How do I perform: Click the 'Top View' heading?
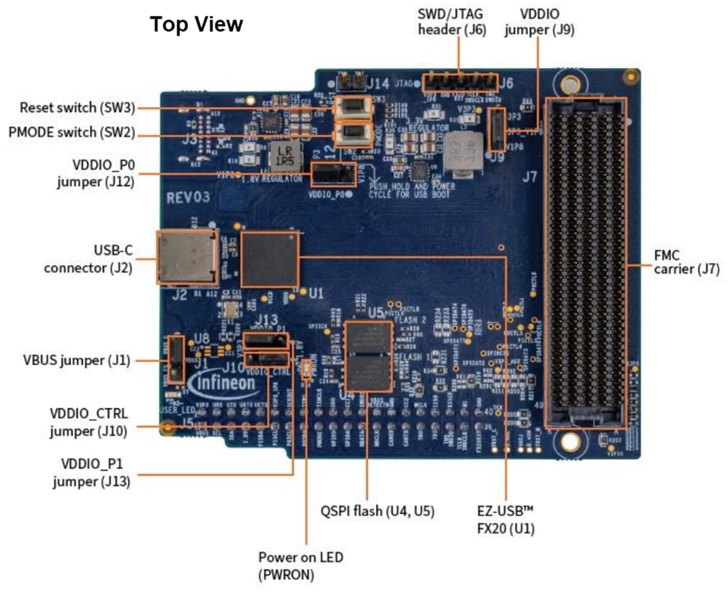coord(197,24)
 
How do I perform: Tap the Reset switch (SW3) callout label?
coord(77,107)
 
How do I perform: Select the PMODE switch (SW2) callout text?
coord(71,132)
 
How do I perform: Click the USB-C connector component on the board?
coord(187,257)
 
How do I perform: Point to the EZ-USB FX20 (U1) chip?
coord(269,258)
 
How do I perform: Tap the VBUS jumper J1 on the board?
coord(175,358)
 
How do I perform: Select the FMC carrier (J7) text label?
coord(686,262)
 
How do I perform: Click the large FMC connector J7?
coord(585,262)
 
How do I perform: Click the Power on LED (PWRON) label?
coord(300,566)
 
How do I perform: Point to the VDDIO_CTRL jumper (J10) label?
coord(89,422)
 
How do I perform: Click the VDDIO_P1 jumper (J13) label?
coord(91,473)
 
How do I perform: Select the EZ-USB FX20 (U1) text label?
coord(506,520)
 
